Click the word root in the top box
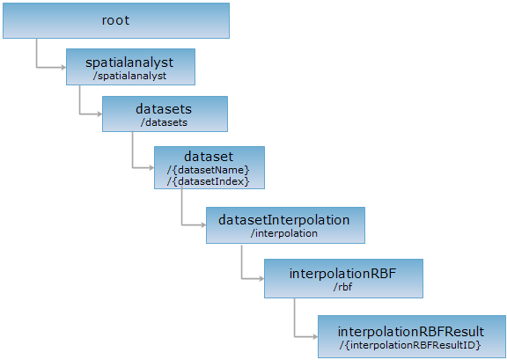116,21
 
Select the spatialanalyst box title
129,62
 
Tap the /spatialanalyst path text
129,76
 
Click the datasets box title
164,109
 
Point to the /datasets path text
164,122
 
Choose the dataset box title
209,157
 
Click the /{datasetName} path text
209,170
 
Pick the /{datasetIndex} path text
209,181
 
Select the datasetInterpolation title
284,220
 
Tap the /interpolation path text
284,233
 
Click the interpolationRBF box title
342,274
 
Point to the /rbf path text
342,287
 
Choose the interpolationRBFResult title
411,332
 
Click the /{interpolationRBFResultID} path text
410,345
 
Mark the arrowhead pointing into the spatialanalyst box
63,67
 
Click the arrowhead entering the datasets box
99,114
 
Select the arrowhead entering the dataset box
151,167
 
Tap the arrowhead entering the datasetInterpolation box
203,224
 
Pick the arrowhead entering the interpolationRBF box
261,278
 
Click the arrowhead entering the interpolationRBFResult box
315,337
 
